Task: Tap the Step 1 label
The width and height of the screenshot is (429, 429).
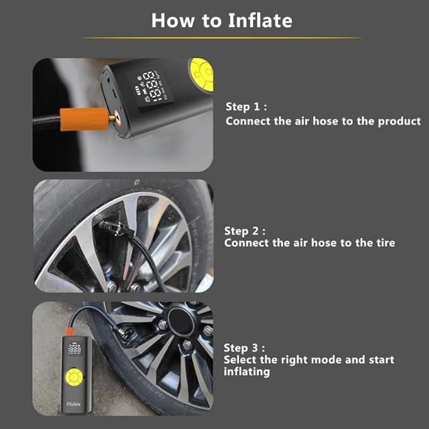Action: click(x=246, y=107)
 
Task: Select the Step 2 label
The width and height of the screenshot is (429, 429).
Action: click(x=245, y=231)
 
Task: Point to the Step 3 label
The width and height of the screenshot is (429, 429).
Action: click(x=245, y=347)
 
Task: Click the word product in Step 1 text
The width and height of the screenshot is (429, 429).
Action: click(x=398, y=121)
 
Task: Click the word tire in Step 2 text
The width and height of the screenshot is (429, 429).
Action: click(x=384, y=243)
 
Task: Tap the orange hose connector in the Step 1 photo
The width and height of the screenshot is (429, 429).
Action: click(x=84, y=118)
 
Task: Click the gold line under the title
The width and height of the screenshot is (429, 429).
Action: click(x=222, y=38)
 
